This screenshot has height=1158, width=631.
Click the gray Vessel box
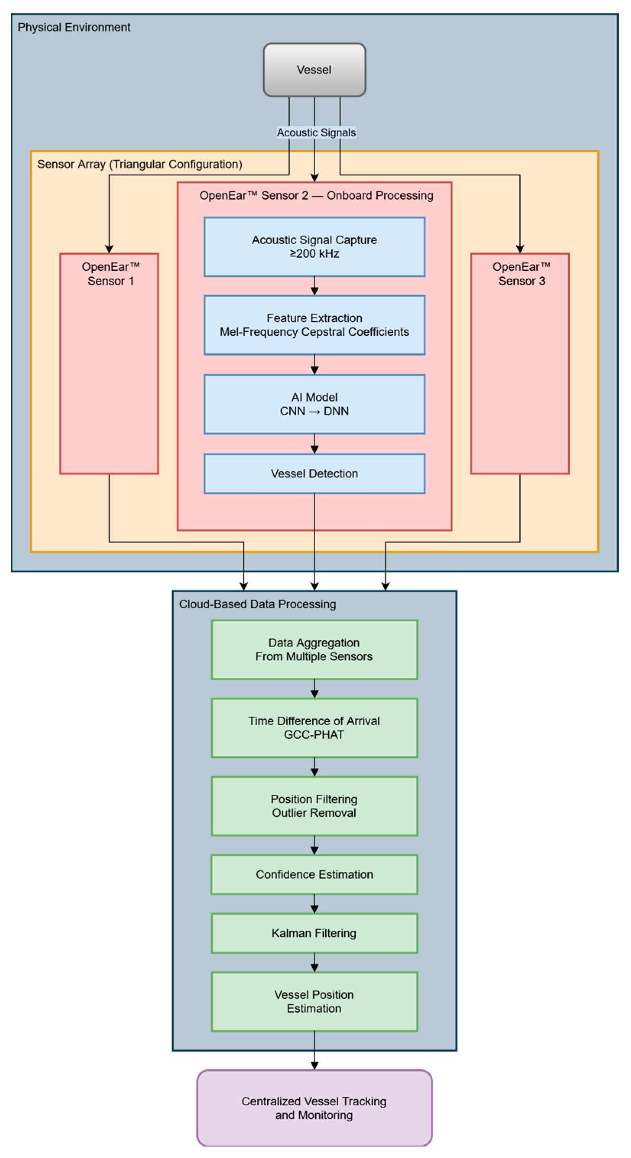pyautogui.click(x=314, y=70)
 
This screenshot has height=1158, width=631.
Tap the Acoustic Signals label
pyautogui.click(x=316, y=133)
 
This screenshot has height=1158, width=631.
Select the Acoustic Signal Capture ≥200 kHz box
pyautogui.click(x=314, y=247)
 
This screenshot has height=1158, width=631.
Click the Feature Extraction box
pyautogui.click(x=314, y=325)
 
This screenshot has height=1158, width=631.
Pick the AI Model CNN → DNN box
pyautogui.click(x=314, y=404)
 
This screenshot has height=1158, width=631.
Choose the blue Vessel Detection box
pyautogui.click(x=314, y=473)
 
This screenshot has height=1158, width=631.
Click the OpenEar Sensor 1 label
pyautogui.click(x=110, y=274)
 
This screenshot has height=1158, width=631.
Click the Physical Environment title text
pyautogui.click(x=74, y=28)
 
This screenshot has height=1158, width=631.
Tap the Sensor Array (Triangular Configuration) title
pyautogui.click(x=140, y=164)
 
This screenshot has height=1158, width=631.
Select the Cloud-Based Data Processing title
pyautogui.click(x=257, y=604)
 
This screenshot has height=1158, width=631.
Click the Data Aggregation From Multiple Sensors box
pyautogui.click(x=314, y=649)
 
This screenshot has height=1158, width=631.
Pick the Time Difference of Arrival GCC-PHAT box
pyautogui.click(x=314, y=727)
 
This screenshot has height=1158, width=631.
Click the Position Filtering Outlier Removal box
pyautogui.click(x=314, y=806)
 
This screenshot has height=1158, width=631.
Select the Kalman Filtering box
pyautogui.click(x=314, y=933)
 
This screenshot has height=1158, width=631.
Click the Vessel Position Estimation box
pyautogui.click(x=314, y=1001)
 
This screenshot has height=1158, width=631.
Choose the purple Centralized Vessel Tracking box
pyautogui.click(x=314, y=1108)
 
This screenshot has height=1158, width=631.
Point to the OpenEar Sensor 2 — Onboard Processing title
pyautogui.click(x=316, y=196)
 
